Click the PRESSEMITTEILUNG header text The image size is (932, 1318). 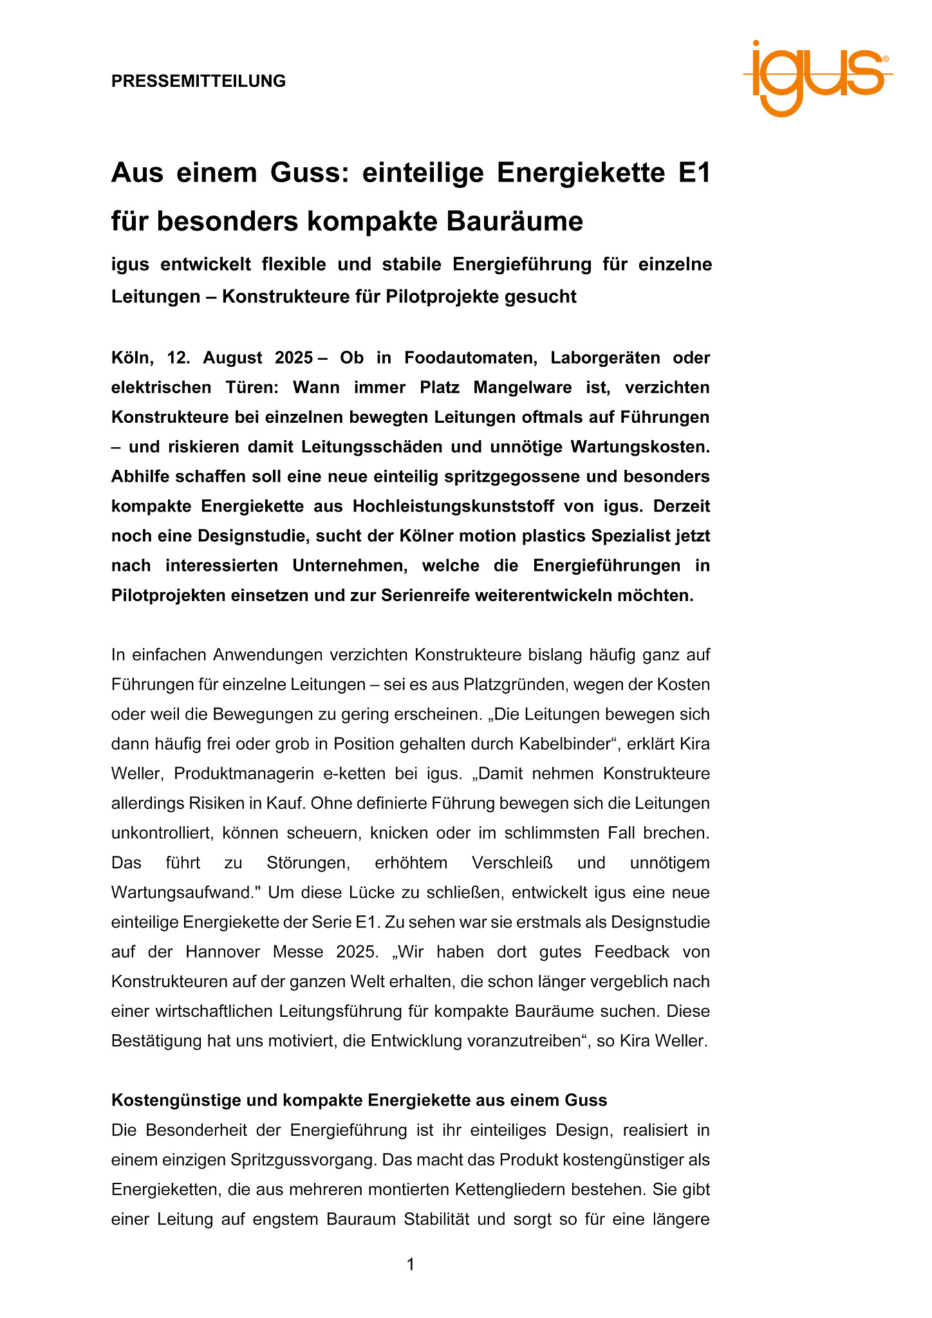click(x=198, y=81)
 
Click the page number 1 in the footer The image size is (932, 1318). click(x=410, y=1265)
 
